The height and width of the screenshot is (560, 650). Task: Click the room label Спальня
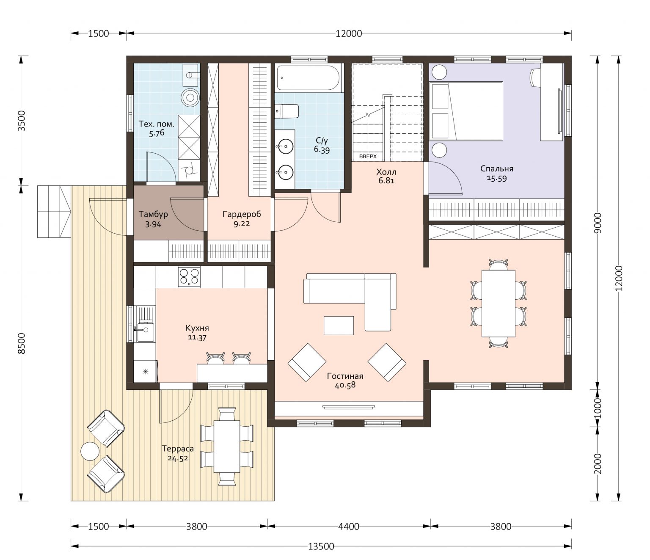pos(496,169)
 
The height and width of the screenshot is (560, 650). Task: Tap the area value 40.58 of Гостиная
pos(345,385)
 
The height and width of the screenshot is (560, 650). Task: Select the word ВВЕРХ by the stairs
pos(368,156)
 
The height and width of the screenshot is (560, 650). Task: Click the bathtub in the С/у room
pos(308,78)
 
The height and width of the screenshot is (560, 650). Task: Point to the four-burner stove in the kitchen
pos(189,277)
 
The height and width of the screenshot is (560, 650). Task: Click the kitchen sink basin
pos(145,330)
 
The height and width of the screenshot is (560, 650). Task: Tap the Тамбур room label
pos(153,214)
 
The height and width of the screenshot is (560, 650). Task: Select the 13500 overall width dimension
pos(321,547)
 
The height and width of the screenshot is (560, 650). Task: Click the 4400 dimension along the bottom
pos(349,527)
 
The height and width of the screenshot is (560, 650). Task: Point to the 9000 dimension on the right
pos(598,223)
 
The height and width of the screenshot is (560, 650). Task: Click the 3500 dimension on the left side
pos(22,121)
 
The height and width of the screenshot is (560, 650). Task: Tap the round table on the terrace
pos(90,452)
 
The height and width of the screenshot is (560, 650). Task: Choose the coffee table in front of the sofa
pos(339,326)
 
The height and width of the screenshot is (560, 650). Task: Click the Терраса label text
pos(178,449)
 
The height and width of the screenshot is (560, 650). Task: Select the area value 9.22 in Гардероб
pos(242,223)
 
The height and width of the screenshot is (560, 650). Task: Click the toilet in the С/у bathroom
pos(287,111)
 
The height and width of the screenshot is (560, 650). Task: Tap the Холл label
pos(386,172)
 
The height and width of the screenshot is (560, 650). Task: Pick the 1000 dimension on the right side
pos(598,408)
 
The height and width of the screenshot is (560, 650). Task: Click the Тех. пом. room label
pos(156,124)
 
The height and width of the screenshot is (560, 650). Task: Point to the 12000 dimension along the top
pos(349,33)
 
